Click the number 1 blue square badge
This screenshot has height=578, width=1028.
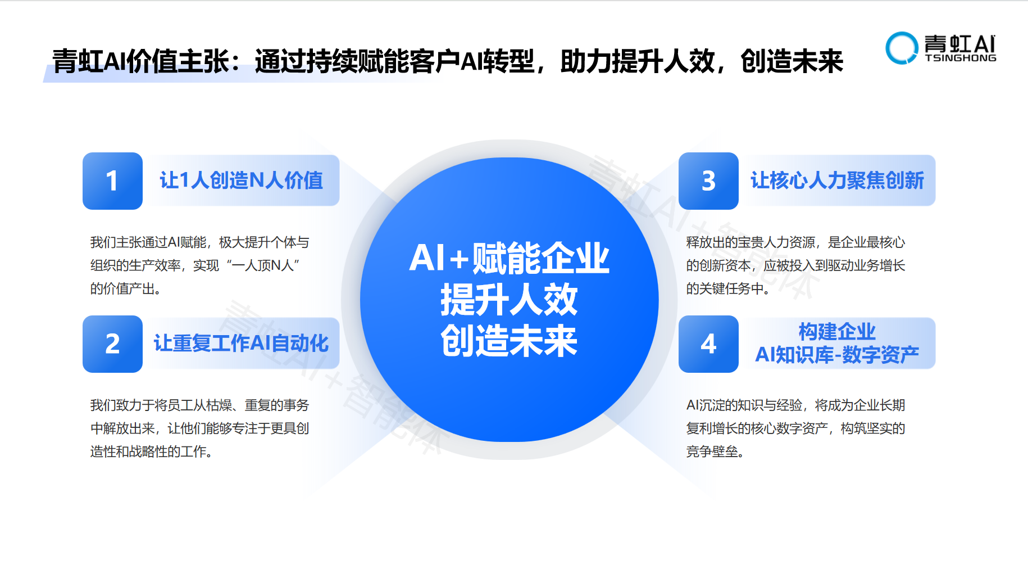point(112,181)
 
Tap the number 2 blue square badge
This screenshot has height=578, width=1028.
point(112,344)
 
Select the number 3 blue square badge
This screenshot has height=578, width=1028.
point(708,181)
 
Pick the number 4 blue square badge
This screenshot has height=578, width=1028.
point(708,344)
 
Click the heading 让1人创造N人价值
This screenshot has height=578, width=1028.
point(242,180)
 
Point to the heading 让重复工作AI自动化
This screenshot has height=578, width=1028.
point(242,343)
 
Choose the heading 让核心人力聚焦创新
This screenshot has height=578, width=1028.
point(837,180)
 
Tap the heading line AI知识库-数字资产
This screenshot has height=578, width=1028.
point(837,355)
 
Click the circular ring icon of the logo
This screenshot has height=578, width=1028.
point(902,48)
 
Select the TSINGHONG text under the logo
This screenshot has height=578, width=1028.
point(961,58)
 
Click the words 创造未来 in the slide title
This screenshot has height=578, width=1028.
point(792,61)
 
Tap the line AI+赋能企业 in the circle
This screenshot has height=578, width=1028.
point(509,259)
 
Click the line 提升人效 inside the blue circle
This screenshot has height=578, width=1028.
point(509,300)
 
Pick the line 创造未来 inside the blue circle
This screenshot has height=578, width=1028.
point(509,341)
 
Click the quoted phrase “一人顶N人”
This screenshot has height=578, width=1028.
point(263,265)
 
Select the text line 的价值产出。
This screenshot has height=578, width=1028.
point(126,288)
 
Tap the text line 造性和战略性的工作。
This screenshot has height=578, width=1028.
point(152,451)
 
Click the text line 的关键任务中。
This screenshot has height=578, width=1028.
point(728,288)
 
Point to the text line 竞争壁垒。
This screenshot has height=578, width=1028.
point(715,451)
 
